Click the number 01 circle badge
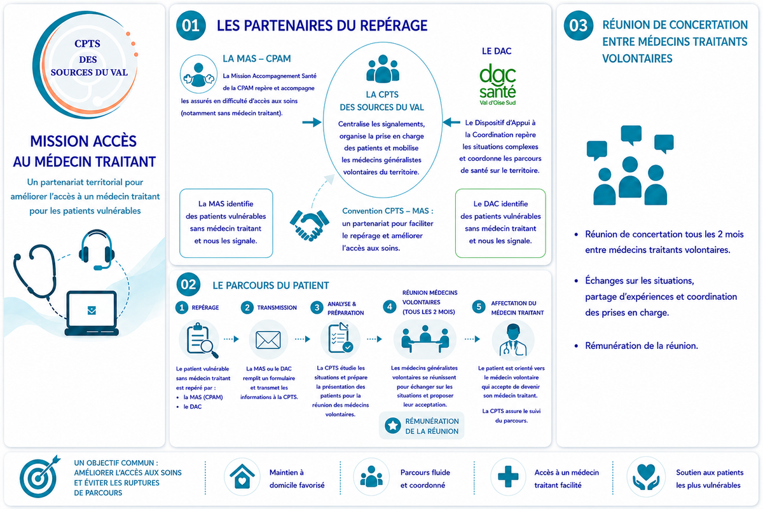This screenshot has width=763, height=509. pos(191,25)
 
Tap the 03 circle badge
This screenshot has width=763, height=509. pos(579,25)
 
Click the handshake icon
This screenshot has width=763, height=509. pos(309,226)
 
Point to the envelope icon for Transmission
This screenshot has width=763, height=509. pos(268,340)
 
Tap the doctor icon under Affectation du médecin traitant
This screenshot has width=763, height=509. pos(513,340)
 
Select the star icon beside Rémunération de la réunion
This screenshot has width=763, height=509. pos(392,425)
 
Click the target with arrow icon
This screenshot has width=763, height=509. pos(39,477)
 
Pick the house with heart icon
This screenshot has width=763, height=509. pos(242,477)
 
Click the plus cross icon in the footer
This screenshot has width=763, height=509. pos(508,477)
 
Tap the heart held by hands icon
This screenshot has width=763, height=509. pos(646,477)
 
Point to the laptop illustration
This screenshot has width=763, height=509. pos(92,313)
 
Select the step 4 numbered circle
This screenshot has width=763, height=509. pos(389,307)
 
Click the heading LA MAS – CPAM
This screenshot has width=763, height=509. pos(257,58)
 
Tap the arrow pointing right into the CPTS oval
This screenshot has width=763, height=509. pos(312,122)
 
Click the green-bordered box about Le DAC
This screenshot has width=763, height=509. pos(500,223)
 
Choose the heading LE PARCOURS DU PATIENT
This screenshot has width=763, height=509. pos(271,285)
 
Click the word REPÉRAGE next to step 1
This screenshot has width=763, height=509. pos(205,308)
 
